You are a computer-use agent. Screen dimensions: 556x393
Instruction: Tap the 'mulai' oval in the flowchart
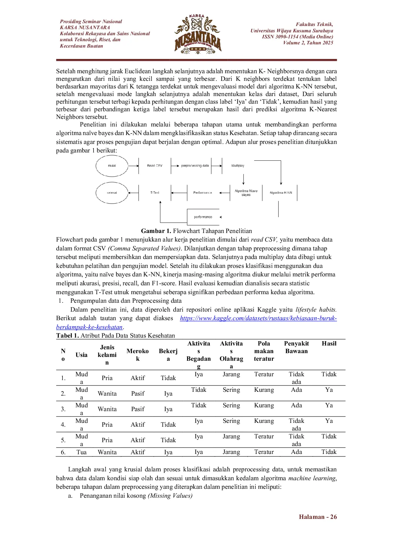click(x=112, y=166)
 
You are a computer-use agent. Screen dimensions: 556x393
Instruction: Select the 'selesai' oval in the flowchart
click(x=112, y=193)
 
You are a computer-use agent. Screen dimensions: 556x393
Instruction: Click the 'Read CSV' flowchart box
click(x=155, y=166)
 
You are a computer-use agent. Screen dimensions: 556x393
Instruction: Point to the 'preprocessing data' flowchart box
click(x=195, y=166)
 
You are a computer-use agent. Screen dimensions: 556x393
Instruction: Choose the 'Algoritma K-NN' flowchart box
click(x=281, y=193)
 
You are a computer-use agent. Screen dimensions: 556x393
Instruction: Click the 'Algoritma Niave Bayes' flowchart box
click(x=246, y=193)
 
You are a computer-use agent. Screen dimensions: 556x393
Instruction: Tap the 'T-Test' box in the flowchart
click(x=155, y=193)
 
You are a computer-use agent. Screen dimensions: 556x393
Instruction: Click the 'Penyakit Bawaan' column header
click(x=296, y=347)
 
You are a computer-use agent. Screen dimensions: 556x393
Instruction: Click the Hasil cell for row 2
click(x=329, y=390)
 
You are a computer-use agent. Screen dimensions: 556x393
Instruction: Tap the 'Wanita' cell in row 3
click(x=107, y=409)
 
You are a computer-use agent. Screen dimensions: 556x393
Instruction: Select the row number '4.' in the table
click(x=63, y=425)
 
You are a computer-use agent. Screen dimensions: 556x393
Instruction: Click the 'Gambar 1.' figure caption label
click(x=156, y=231)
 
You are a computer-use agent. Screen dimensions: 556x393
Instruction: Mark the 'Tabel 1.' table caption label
click(x=68, y=336)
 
